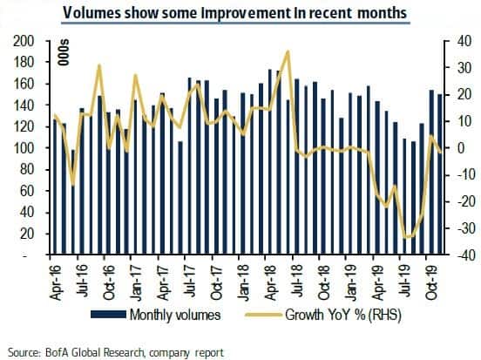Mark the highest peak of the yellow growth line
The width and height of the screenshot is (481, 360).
(x=288, y=51)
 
